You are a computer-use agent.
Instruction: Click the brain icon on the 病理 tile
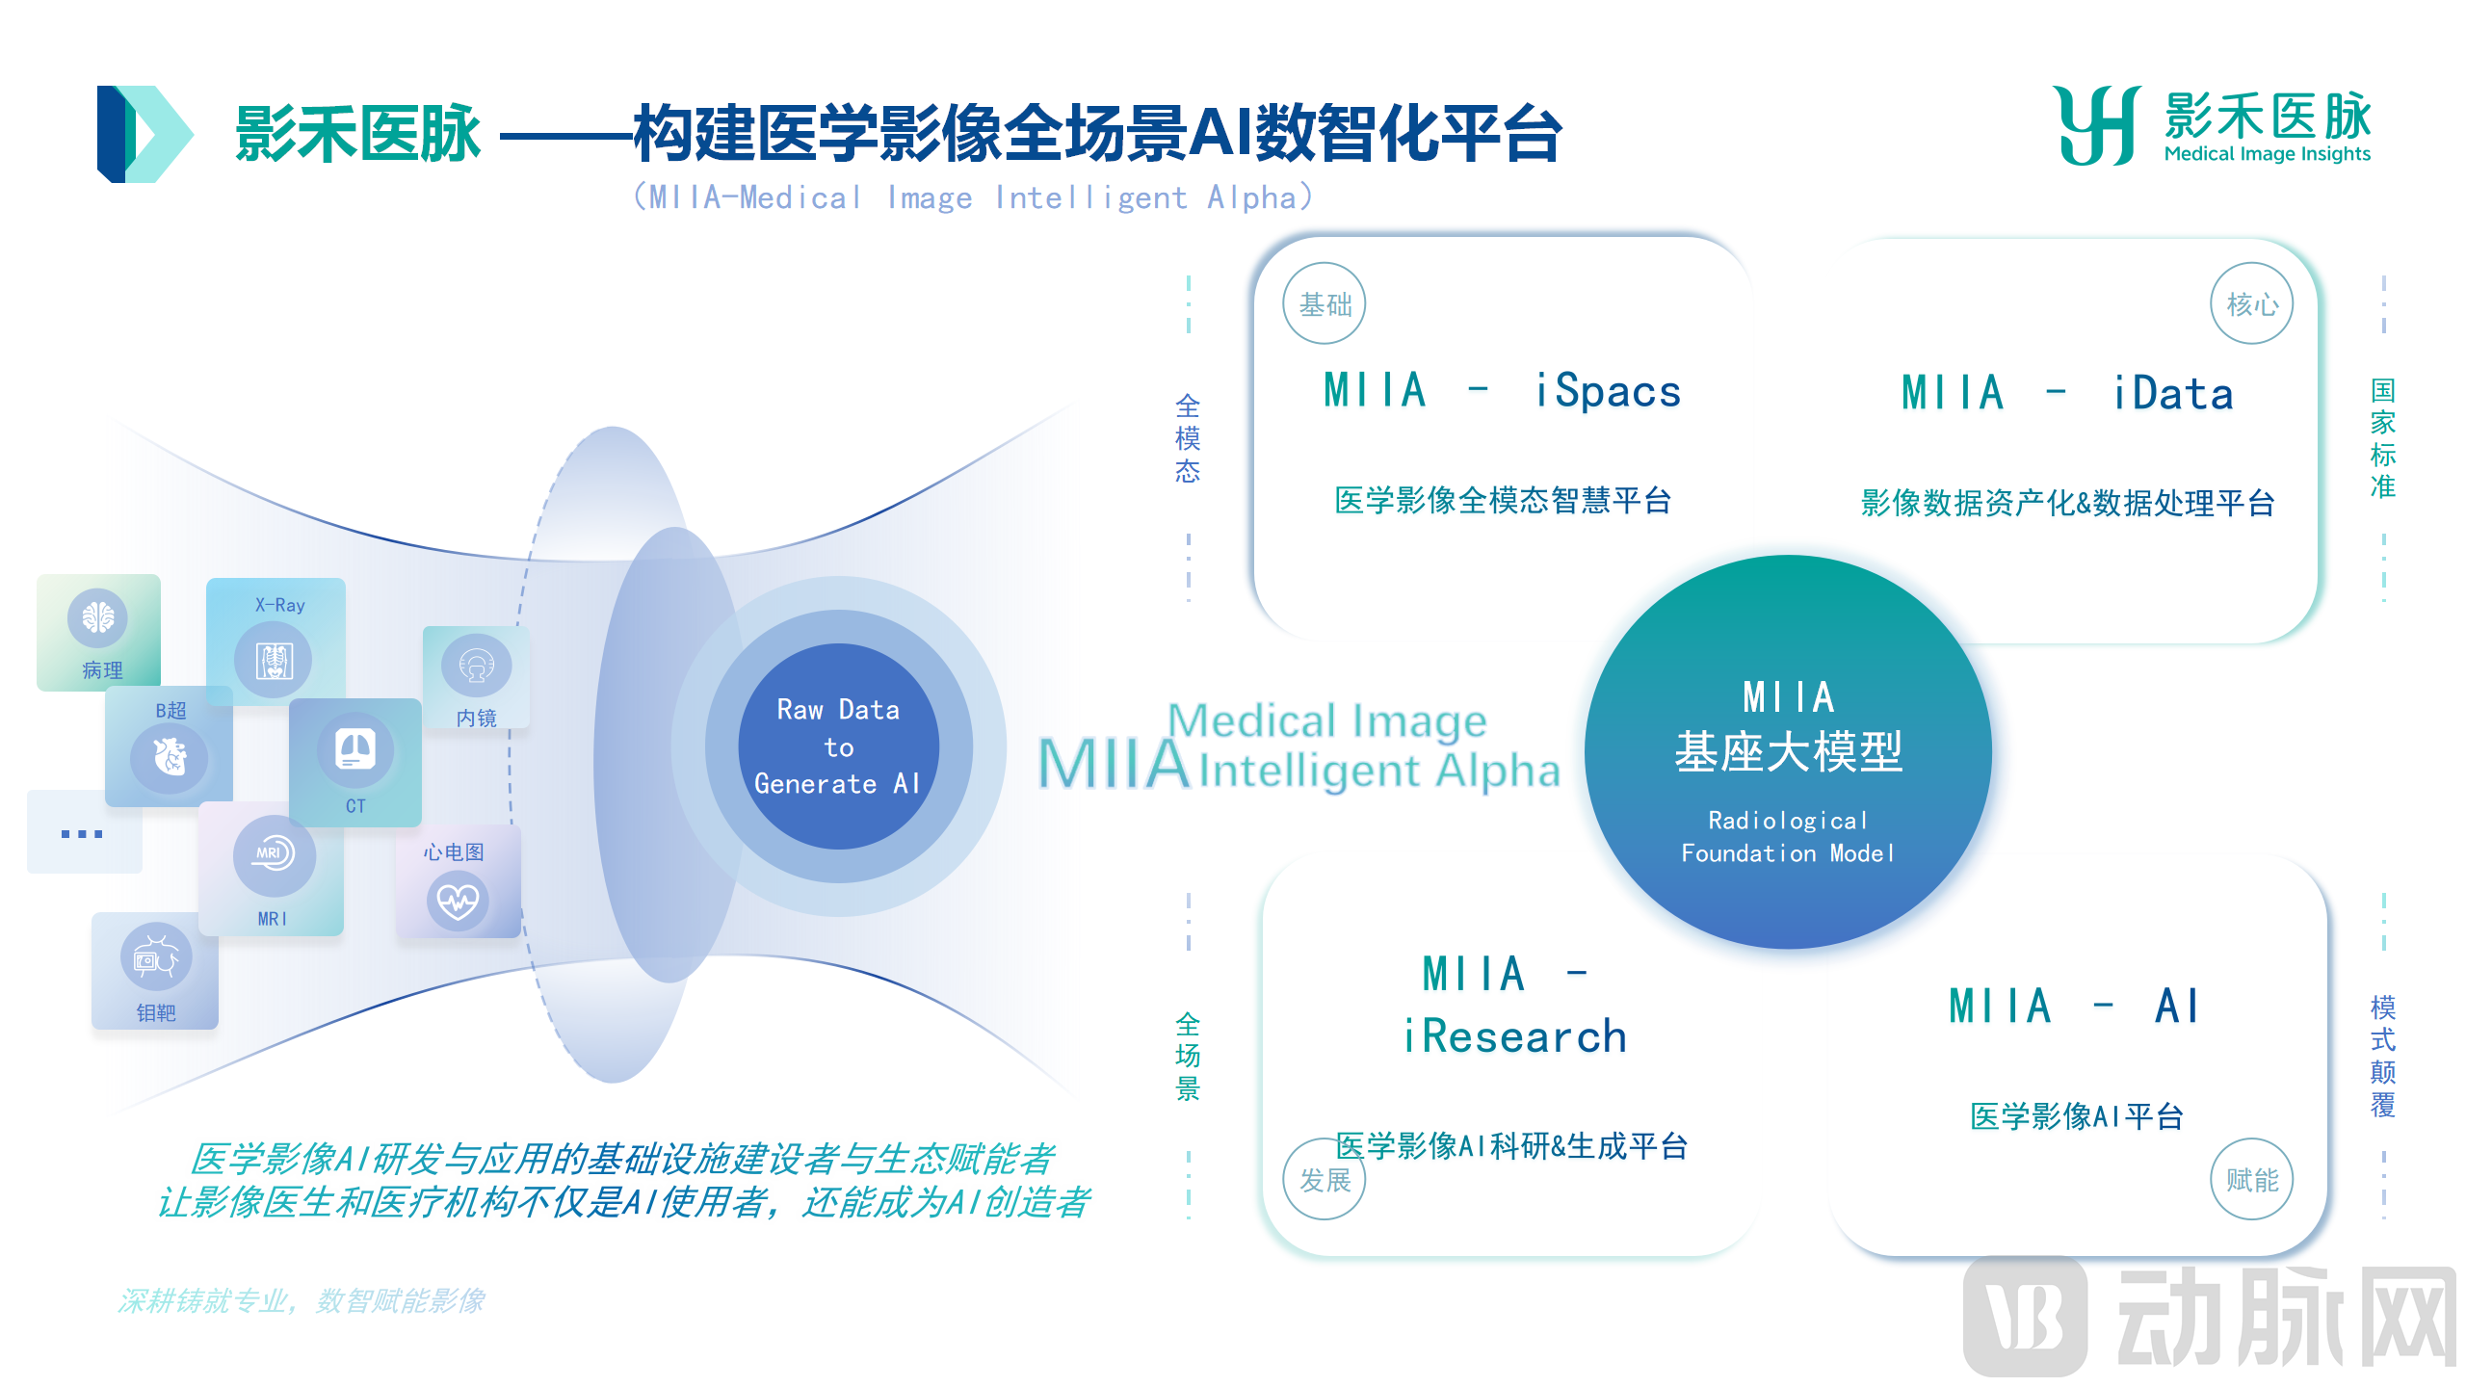click(x=97, y=617)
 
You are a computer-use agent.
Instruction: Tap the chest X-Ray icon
click(x=275, y=661)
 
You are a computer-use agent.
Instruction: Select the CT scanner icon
click(x=355, y=749)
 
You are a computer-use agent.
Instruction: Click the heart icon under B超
click(x=171, y=757)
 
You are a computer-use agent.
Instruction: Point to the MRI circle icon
click(x=274, y=854)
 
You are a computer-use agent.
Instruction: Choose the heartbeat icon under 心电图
click(x=458, y=900)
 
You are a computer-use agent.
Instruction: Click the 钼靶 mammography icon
click(x=156, y=957)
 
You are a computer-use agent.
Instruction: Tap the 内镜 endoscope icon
click(x=477, y=666)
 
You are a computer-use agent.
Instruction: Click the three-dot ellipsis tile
click(x=85, y=832)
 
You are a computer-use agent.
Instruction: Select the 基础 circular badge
click(x=1325, y=303)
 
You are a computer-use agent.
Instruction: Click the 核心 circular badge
click(x=2252, y=303)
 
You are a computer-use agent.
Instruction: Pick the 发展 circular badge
click(x=1325, y=1179)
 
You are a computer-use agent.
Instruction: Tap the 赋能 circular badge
click(x=2252, y=1179)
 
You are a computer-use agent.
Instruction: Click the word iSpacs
click(x=1608, y=390)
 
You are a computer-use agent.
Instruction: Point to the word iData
click(x=2173, y=393)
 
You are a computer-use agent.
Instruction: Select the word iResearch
click(x=1514, y=1036)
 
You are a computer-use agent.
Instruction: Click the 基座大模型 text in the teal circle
click(x=1788, y=751)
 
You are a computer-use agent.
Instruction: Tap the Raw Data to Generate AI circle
click(x=838, y=746)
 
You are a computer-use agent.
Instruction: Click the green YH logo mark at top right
click(x=2098, y=126)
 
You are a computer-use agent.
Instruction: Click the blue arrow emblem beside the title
click(x=144, y=134)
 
